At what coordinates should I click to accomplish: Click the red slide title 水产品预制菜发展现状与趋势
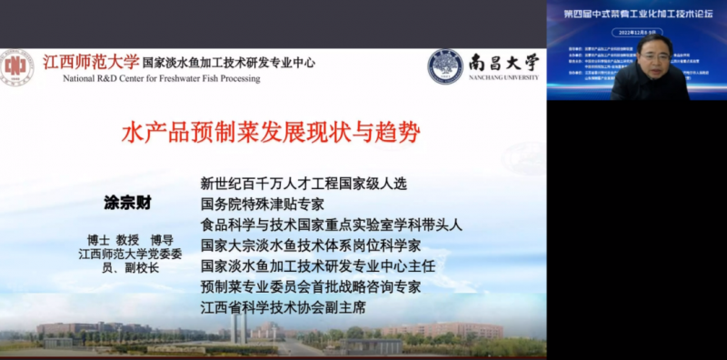272,135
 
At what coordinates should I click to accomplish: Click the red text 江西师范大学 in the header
91,63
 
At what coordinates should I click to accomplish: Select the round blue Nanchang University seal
445,66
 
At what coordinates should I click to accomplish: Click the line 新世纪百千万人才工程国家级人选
304,184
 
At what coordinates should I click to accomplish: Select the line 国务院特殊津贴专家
262,205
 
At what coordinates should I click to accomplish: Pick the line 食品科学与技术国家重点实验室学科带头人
332,225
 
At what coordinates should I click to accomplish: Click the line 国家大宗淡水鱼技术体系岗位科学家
311,245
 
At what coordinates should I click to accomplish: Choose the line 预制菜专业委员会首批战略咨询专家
311,287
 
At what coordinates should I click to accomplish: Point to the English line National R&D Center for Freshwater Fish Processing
161,79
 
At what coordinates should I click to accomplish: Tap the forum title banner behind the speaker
636,15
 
